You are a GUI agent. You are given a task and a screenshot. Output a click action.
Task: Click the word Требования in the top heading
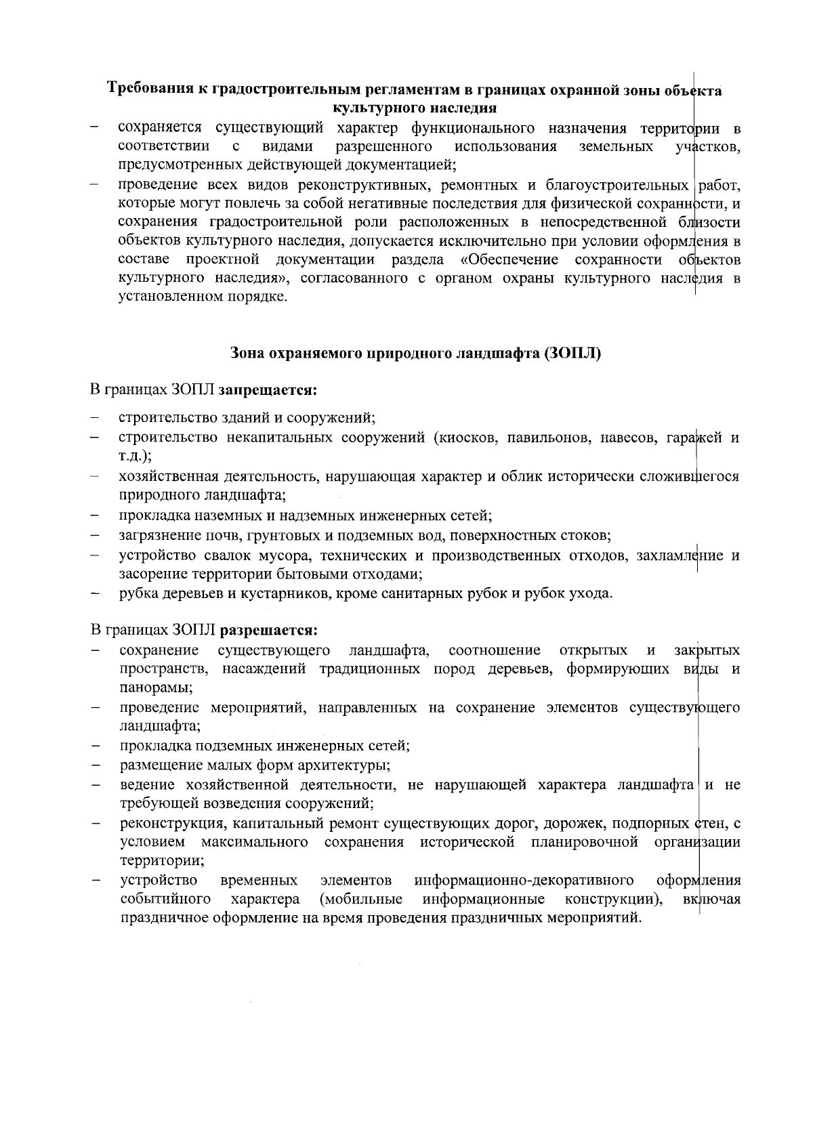coord(150,90)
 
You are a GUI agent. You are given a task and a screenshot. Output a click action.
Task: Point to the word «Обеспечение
coord(508,260)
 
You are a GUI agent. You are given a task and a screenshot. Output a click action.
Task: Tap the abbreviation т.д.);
coord(135,457)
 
